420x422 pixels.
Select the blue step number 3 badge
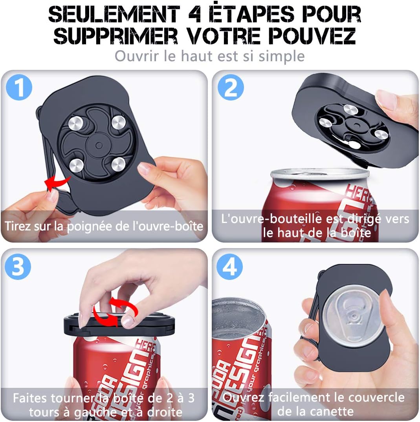pos(18,267)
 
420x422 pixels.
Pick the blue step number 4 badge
pos(230,267)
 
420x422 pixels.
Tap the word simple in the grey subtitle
pos(281,56)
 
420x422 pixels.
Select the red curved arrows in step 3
pos(110,312)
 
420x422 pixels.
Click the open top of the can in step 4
pos(236,318)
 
